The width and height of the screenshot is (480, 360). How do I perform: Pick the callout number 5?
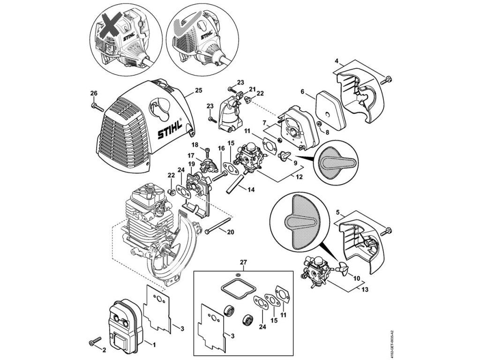[x=337, y=213]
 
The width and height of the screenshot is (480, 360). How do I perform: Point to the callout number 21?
[x=252, y=90]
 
